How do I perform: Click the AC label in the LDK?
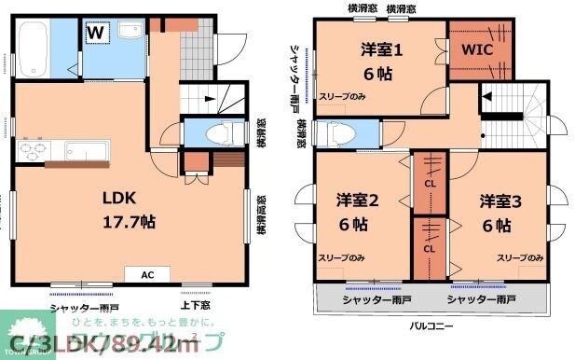pos(147,275)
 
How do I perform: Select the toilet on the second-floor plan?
pos(342,134)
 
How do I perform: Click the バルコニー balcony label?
pos(433,326)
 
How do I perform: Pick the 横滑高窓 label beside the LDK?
pos(262,216)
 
